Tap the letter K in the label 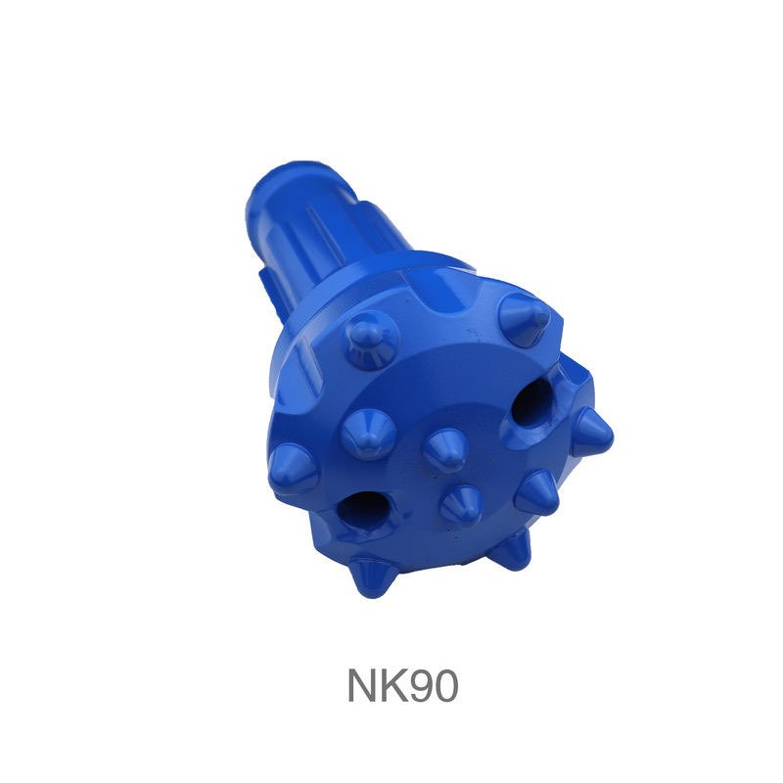point(394,686)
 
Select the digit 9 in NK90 point(421,686)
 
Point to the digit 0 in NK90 point(445,686)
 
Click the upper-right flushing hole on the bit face point(532,404)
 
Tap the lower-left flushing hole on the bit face point(361,509)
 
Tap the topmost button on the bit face point(525,317)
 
